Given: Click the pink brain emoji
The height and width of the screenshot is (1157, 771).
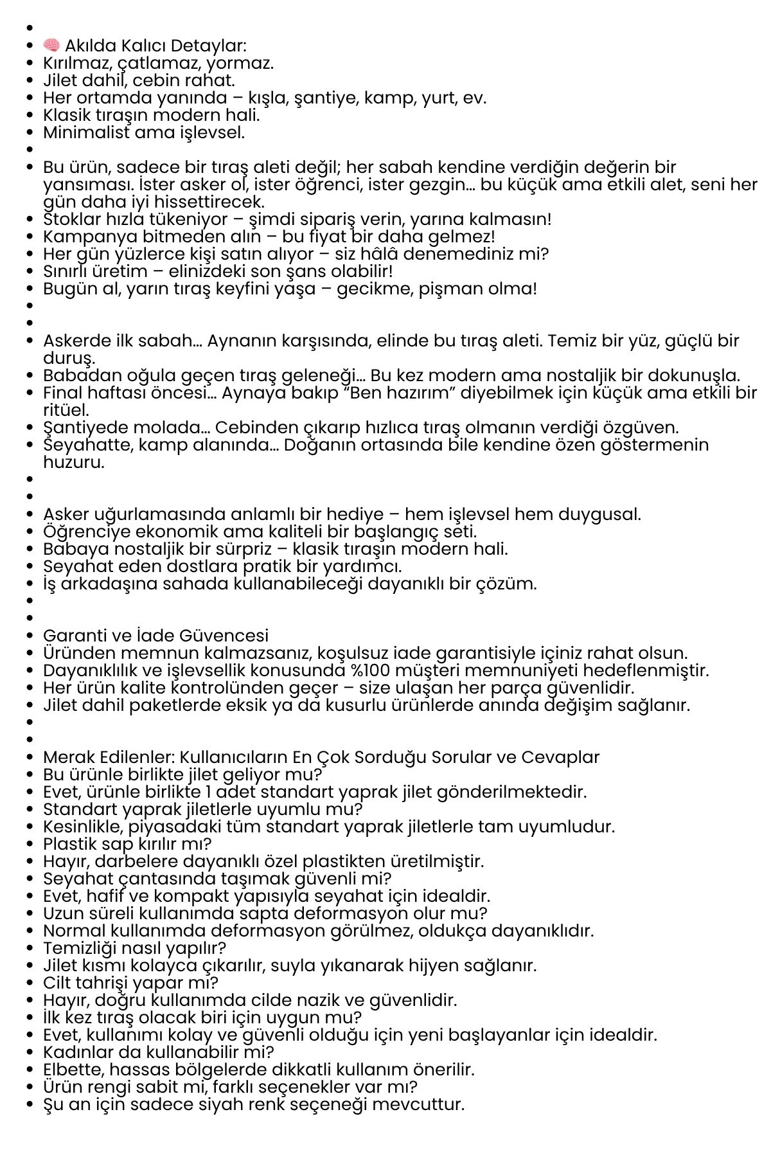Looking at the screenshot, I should pyautogui.click(x=51, y=46).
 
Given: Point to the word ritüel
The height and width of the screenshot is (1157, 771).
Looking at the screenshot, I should pyautogui.click(x=66, y=410).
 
